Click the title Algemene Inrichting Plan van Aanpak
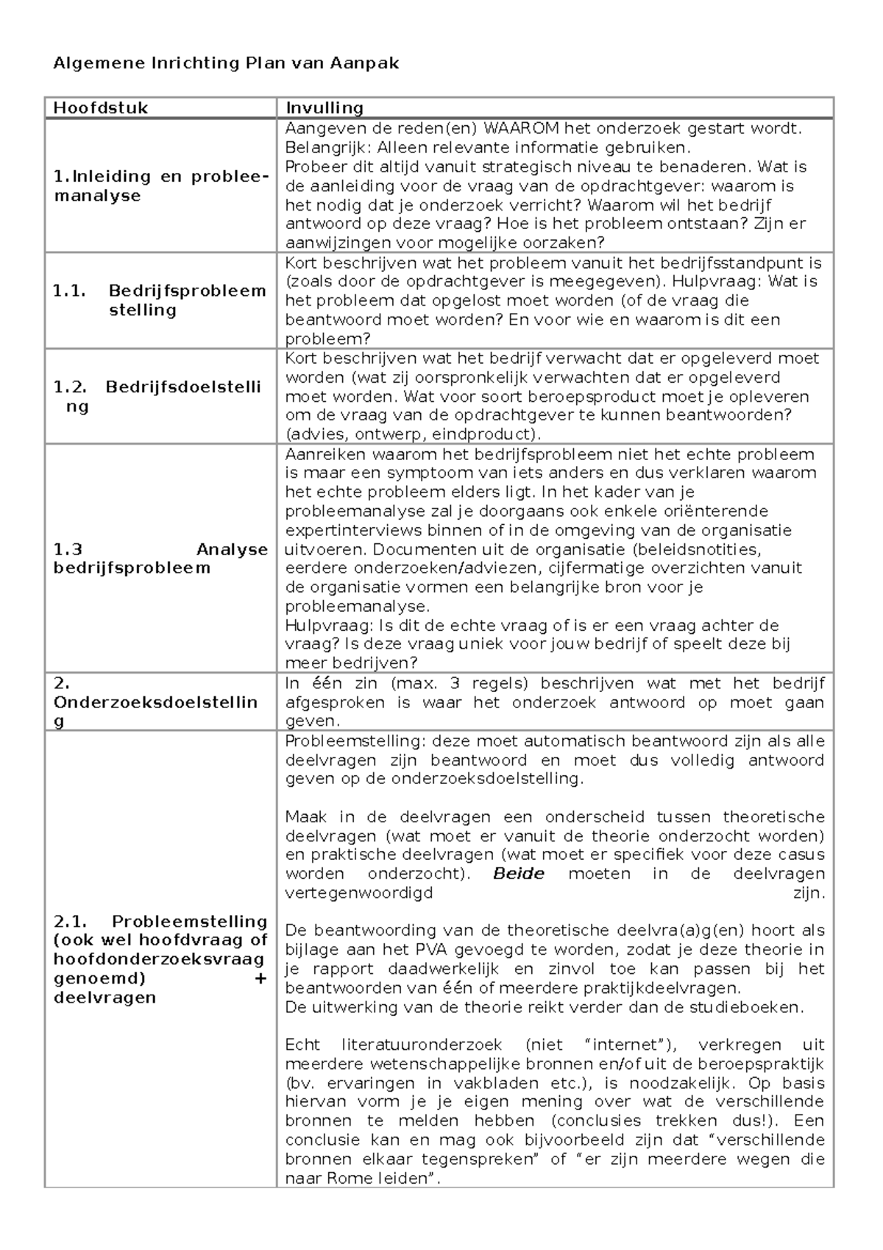(226, 63)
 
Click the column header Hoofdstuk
(101, 108)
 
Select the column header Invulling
(325, 108)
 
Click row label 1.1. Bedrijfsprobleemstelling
(158, 300)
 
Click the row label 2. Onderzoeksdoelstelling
(155, 702)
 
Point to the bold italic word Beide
(519, 875)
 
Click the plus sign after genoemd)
(260, 979)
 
